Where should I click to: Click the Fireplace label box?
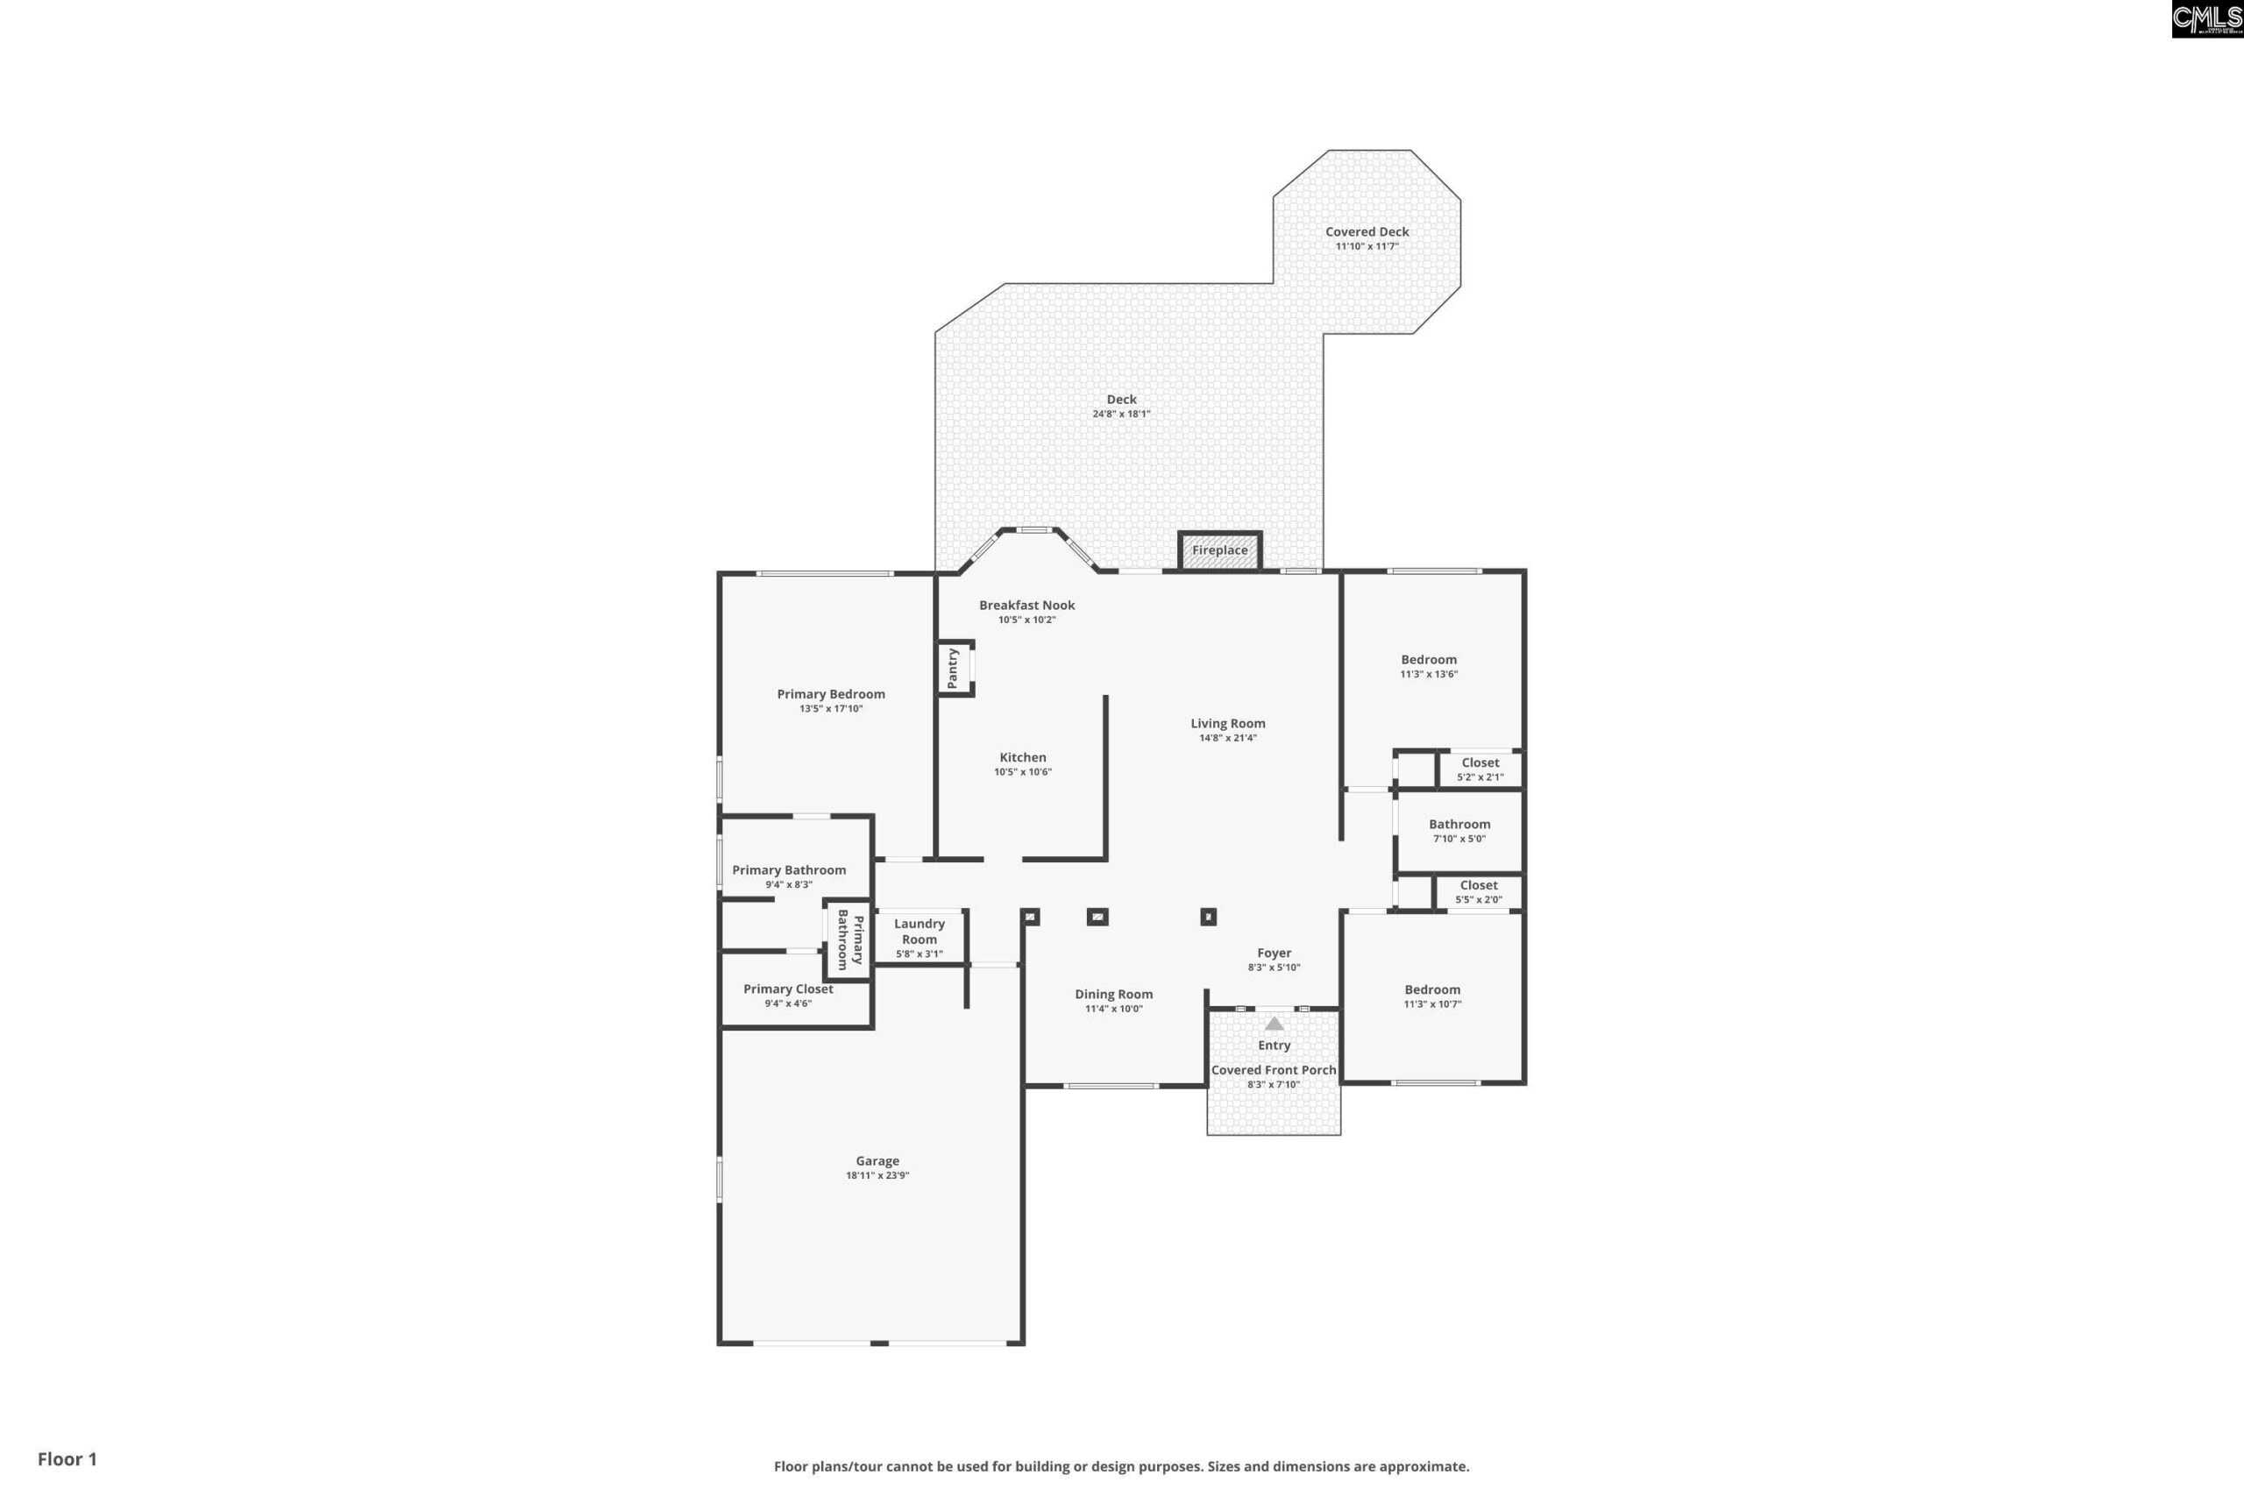(x=1219, y=550)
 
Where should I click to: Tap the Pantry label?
(x=952, y=668)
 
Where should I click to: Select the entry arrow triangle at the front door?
(x=1274, y=1024)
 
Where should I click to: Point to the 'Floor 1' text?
(x=67, y=1459)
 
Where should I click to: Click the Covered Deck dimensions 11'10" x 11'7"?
(x=1367, y=246)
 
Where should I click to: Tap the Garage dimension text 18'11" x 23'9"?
(x=877, y=1175)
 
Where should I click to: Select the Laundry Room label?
(x=919, y=932)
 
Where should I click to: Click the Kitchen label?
(x=1023, y=757)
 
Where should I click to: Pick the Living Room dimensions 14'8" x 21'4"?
(x=1228, y=738)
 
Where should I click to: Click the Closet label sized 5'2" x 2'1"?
(x=1480, y=762)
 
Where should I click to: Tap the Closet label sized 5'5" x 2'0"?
(x=1478, y=885)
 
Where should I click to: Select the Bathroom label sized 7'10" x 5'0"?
(x=1459, y=825)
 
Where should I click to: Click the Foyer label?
(x=1274, y=954)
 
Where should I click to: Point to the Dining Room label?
(x=1113, y=994)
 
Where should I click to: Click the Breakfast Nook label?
(x=1026, y=605)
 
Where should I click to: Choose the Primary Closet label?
(x=788, y=989)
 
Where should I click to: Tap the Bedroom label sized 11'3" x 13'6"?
(x=1428, y=659)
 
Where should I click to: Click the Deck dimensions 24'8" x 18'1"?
(x=1121, y=414)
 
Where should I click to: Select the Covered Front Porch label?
(x=1274, y=1070)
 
